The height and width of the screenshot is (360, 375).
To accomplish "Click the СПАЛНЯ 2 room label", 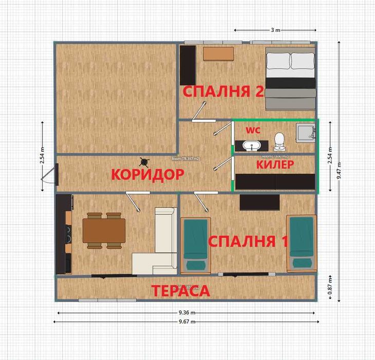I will click(x=223, y=92).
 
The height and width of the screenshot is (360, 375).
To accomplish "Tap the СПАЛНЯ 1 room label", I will click(x=248, y=241).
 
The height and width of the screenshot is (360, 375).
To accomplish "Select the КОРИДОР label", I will click(x=147, y=174).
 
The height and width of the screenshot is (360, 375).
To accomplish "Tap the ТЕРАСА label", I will click(x=180, y=291).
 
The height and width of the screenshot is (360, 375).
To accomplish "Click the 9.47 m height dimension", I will click(x=340, y=170).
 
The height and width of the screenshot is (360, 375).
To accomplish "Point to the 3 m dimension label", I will click(x=275, y=30).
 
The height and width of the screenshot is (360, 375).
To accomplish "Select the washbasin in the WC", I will click(x=251, y=146).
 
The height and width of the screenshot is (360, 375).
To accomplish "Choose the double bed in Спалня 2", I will click(x=290, y=77).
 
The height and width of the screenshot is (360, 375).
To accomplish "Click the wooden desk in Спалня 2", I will click(x=218, y=53).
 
